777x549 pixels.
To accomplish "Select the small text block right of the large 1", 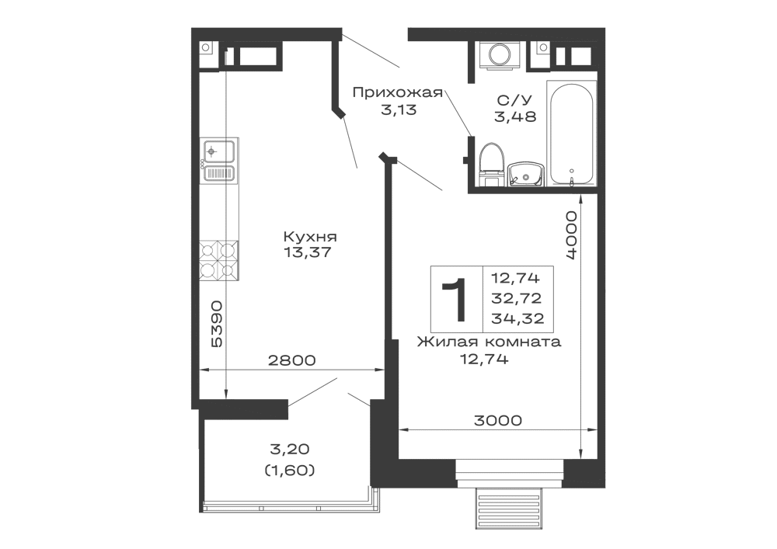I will click(x=517, y=295).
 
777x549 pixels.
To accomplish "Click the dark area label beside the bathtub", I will click(x=514, y=109).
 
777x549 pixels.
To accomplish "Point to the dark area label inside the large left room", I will click(x=310, y=244).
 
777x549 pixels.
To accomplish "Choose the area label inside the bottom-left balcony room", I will click(x=289, y=460).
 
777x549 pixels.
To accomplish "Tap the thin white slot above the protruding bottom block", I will click(x=509, y=469).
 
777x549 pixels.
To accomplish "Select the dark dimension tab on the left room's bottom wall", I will click(x=292, y=361).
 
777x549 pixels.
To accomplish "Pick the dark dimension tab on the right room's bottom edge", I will click(x=497, y=419).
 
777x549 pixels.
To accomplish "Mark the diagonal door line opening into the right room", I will click(x=420, y=175).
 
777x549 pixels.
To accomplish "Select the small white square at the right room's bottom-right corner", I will click(x=591, y=443).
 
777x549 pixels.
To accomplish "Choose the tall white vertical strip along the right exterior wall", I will click(x=591, y=311).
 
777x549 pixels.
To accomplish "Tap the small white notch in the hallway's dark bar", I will click(x=394, y=106).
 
